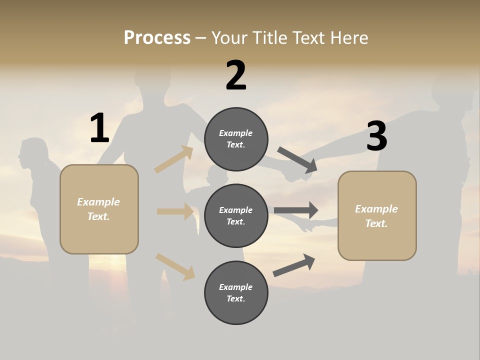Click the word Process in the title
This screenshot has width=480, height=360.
(x=157, y=37)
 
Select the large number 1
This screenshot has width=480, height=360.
(x=99, y=128)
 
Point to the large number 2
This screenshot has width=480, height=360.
(x=236, y=75)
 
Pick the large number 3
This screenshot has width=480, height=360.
(x=376, y=136)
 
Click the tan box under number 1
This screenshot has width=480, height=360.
(x=99, y=209)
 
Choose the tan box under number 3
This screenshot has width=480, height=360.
(x=377, y=216)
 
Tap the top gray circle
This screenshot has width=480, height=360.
(x=236, y=139)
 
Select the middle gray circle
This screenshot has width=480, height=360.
(x=236, y=215)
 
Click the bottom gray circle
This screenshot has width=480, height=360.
(x=236, y=292)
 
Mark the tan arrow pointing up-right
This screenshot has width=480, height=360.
(x=174, y=160)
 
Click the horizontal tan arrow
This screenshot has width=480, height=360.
(x=175, y=211)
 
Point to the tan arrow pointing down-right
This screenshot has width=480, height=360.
(x=175, y=266)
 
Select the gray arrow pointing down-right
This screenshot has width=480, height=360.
(x=297, y=160)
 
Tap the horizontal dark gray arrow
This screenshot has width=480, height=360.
(x=295, y=210)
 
